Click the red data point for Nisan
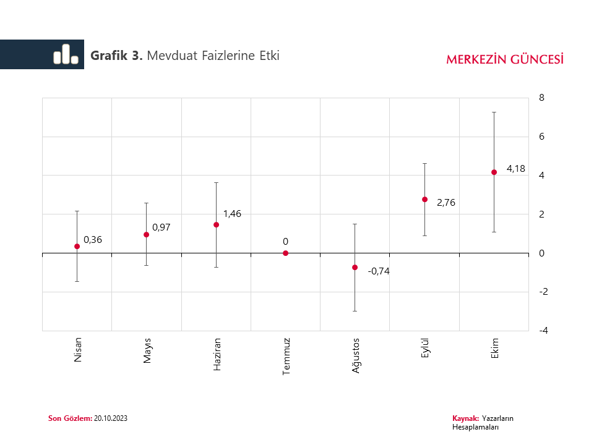(77, 246)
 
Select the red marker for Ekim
(494, 172)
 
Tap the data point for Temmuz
(285, 253)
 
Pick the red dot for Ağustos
(355, 268)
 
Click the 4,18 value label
(515, 168)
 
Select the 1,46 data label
(232, 214)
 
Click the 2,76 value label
(446, 202)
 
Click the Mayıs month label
(147, 350)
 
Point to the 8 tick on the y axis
(542, 98)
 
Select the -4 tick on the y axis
(543, 331)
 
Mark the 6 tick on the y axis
(542, 137)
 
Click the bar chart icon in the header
(66, 54)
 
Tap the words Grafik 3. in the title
(117, 56)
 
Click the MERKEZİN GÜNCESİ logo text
(504, 59)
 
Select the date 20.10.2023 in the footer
(111, 418)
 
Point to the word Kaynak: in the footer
(466, 418)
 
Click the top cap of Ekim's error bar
(494, 112)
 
